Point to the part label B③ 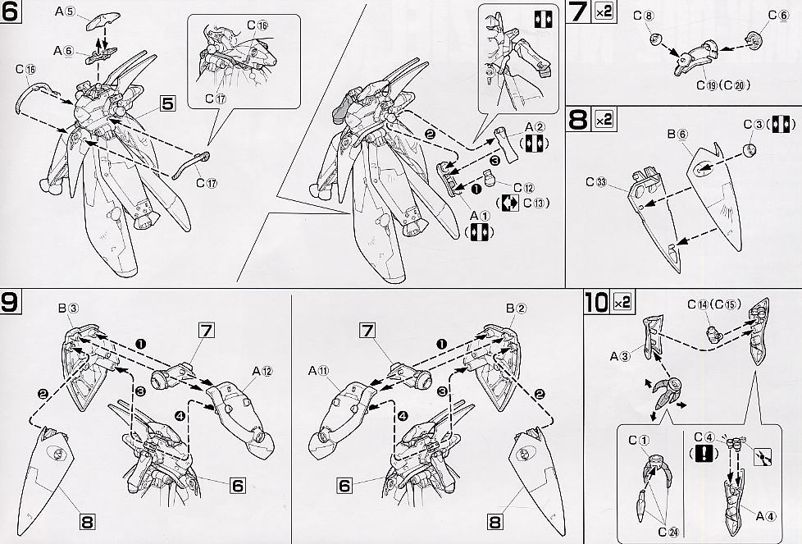(x=68, y=309)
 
